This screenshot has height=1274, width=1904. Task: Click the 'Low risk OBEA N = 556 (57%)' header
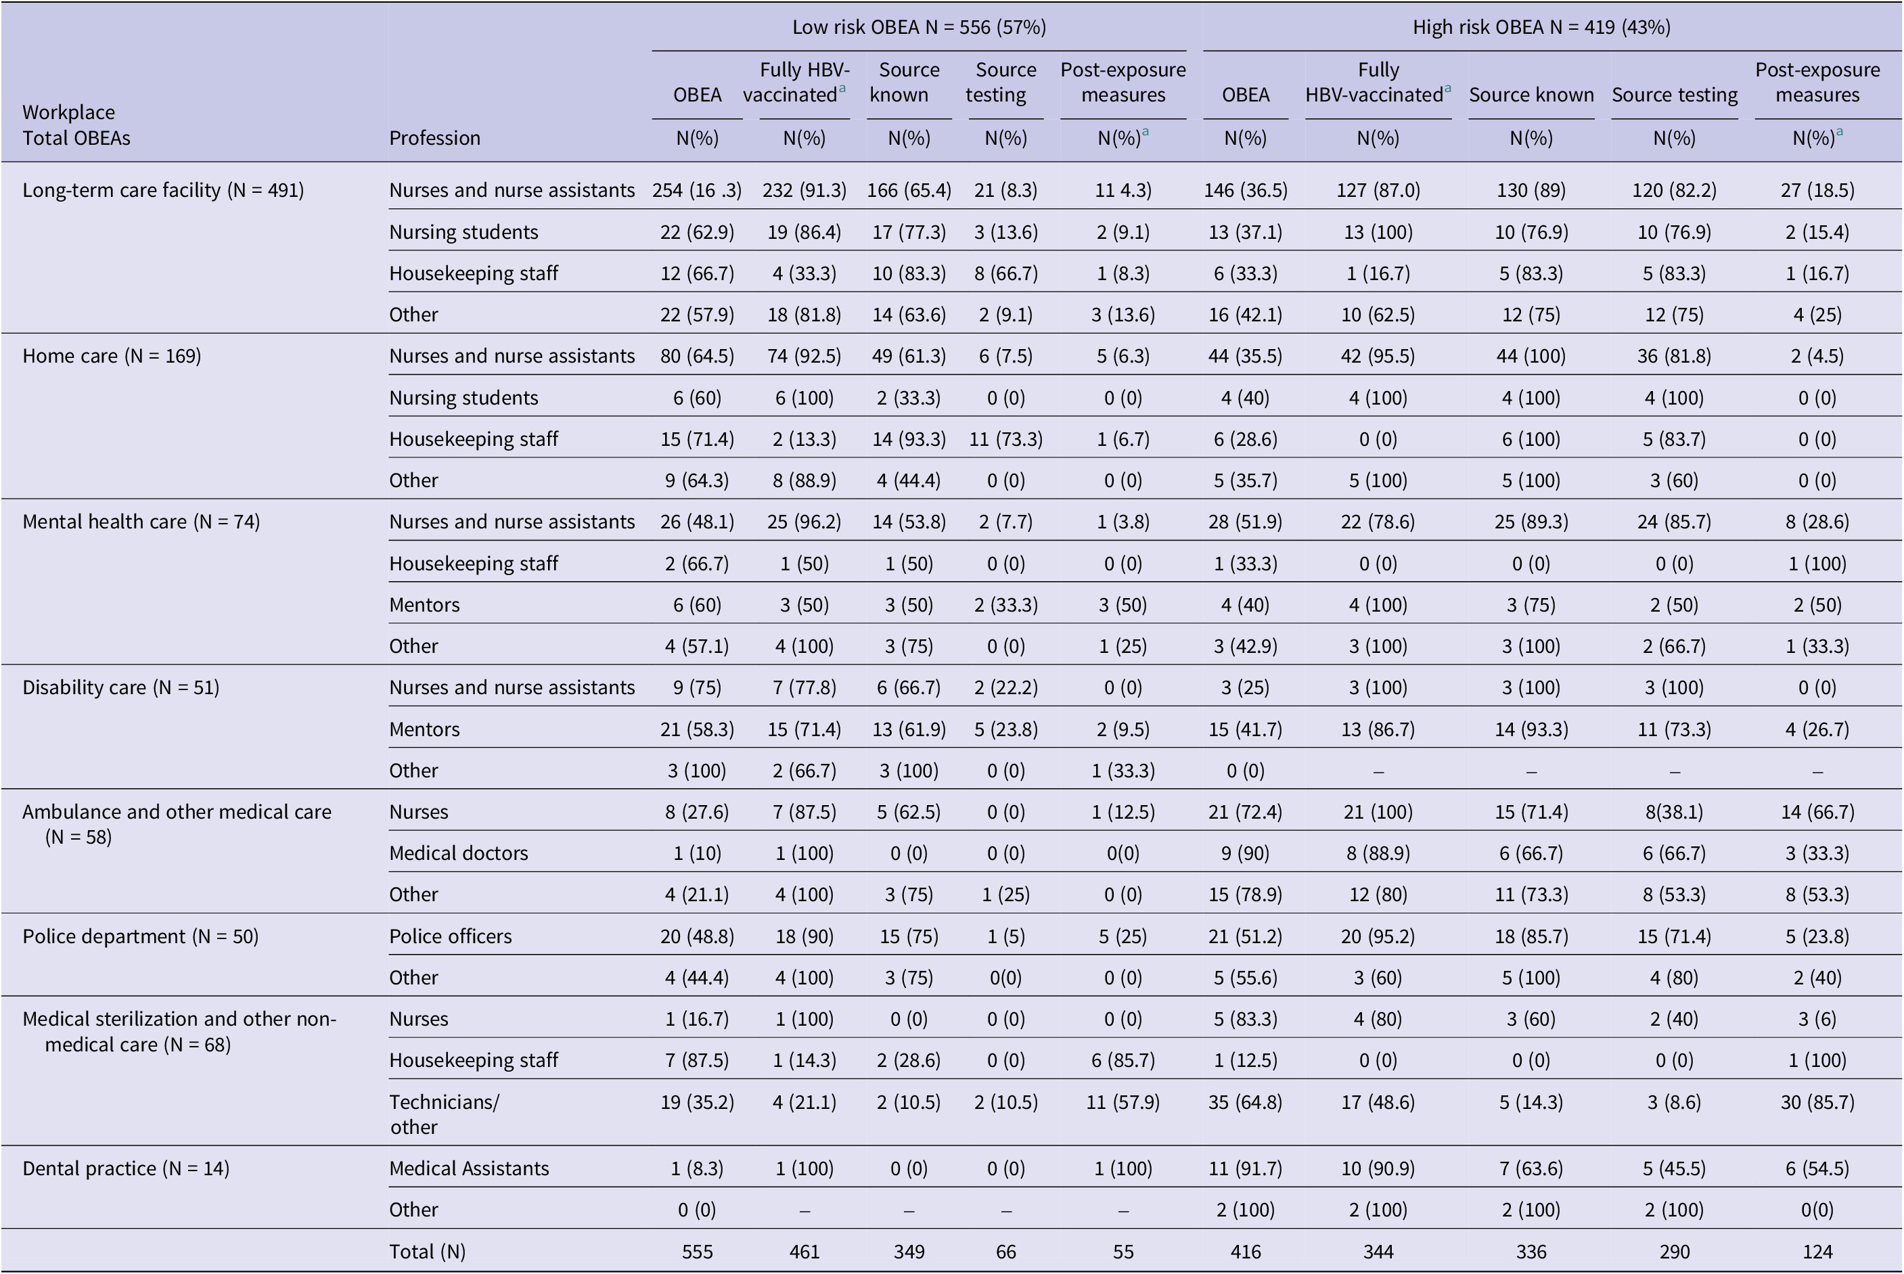[x=919, y=28]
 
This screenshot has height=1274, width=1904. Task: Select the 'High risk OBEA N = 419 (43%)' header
[x=1541, y=28]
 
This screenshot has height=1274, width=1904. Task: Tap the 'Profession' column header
[x=434, y=138]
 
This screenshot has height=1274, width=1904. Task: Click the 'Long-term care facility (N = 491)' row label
[x=163, y=190]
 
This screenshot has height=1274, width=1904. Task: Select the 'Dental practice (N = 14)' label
[x=126, y=1168]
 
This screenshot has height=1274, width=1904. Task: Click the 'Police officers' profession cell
[x=450, y=936]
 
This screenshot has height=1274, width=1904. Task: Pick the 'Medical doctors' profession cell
[x=458, y=853]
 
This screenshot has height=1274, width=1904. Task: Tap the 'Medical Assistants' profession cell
[x=469, y=1168]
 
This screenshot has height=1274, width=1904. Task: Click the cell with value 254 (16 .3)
[x=697, y=190]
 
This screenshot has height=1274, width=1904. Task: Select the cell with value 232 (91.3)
[x=804, y=190]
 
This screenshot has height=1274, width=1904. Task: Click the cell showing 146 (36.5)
[x=1245, y=190]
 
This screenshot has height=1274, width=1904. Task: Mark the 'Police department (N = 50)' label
[x=141, y=936]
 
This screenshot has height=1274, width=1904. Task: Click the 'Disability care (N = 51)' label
[x=121, y=687]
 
